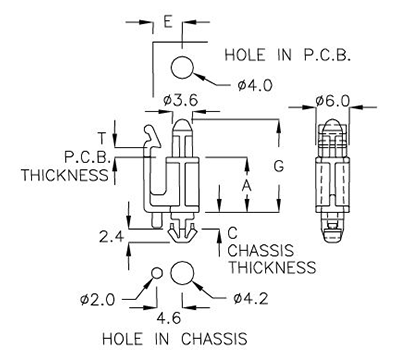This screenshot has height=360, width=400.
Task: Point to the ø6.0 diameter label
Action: (331, 101)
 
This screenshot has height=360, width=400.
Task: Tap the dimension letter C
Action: (233, 232)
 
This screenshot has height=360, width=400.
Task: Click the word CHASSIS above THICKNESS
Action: (262, 250)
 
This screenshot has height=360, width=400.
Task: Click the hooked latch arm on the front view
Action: (150, 134)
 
